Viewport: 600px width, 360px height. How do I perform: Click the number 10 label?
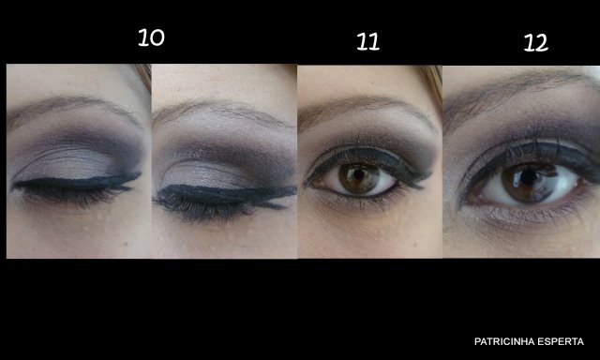click(151, 37)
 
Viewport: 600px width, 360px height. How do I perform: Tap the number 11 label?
click(367, 41)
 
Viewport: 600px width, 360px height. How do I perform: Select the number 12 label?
click(535, 43)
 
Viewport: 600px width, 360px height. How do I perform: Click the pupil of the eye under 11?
click(358, 174)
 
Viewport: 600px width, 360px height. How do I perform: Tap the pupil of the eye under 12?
click(529, 176)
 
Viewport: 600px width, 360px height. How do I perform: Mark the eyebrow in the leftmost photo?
click(73, 107)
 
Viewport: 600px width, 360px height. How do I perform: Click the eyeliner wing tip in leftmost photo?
click(140, 173)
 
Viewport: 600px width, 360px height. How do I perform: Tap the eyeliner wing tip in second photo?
click(295, 187)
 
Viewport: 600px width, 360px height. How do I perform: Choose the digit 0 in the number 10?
click(157, 37)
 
